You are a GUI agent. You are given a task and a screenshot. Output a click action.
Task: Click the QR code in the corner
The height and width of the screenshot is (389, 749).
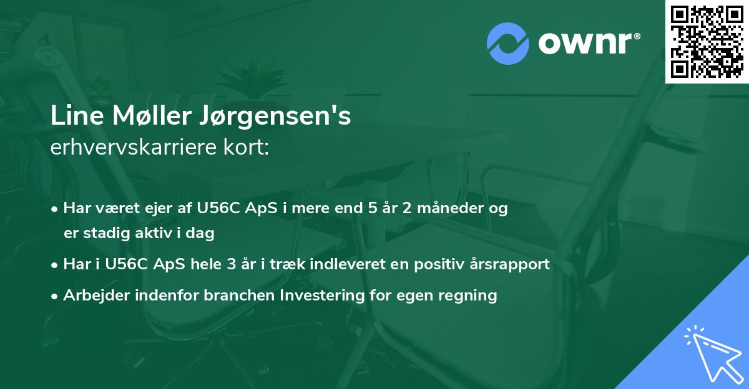coord(707,41)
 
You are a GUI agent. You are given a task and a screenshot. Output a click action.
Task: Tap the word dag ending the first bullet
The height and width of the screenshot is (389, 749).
coord(201,234)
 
